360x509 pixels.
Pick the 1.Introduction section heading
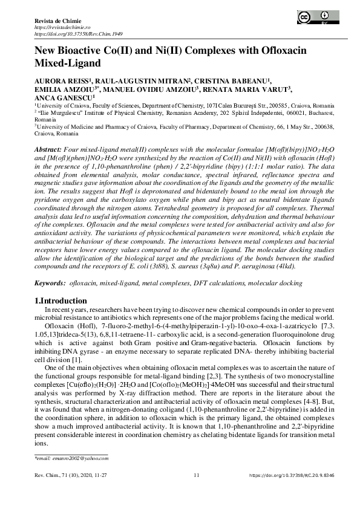pyautogui.click(x=61, y=301)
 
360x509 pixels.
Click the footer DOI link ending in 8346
pyautogui.click(x=290, y=476)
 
